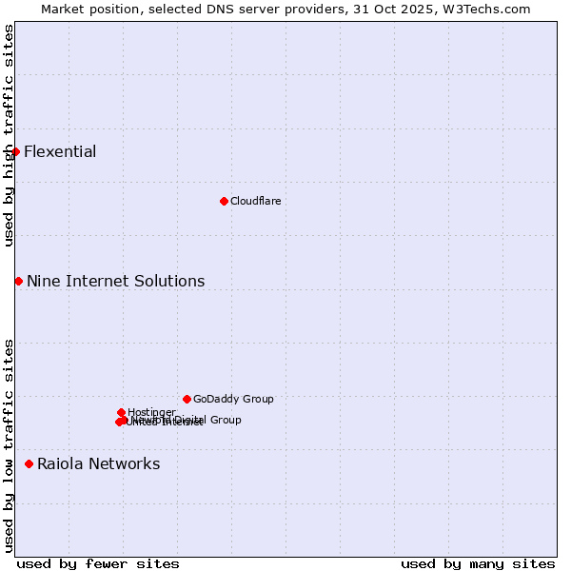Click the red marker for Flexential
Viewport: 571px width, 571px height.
click(x=15, y=151)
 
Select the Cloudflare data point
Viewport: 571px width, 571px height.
click(x=224, y=201)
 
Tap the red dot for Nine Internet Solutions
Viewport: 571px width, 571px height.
click(x=18, y=281)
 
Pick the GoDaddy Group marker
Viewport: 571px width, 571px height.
click(x=187, y=399)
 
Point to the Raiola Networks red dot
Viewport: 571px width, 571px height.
click(x=29, y=463)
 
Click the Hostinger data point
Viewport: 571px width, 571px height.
click(x=121, y=412)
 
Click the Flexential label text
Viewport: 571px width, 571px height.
click(x=60, y=151)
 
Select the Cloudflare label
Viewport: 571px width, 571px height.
click(x=255, y=201)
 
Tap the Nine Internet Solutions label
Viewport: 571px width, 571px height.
click(x=115, y=281)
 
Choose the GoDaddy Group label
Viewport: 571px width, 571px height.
click(x=233, y=399)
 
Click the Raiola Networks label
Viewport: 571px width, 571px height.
click(x=98, y=463)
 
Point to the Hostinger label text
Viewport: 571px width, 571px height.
click(x=151, y=412)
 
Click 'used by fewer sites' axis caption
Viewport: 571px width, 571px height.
click(x=98, y=563)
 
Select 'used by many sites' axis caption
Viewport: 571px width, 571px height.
click(x=478, y=563)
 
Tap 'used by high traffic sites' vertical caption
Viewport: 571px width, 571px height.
click(x=9, y=135)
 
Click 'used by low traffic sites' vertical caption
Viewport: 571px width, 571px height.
click(x=9, y=444)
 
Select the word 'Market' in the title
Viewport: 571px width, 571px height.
click(x=63, y=9)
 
